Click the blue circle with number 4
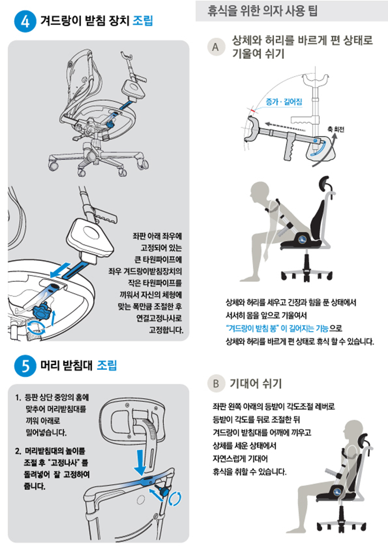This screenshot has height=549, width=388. coord(25,21)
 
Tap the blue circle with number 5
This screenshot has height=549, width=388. coord(25,366)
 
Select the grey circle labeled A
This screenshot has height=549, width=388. coord(216,47)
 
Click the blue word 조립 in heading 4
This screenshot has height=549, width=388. coord(143,20)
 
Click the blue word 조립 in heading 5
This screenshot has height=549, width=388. coord(107,365)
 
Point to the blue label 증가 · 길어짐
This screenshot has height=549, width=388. coord(284,102)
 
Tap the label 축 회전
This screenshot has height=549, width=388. coord(336,129)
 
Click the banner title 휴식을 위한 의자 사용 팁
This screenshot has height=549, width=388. coord(262,11)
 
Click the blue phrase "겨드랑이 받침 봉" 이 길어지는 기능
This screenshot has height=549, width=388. coord(277,328)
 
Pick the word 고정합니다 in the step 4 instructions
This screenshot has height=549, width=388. coord(166,330)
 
